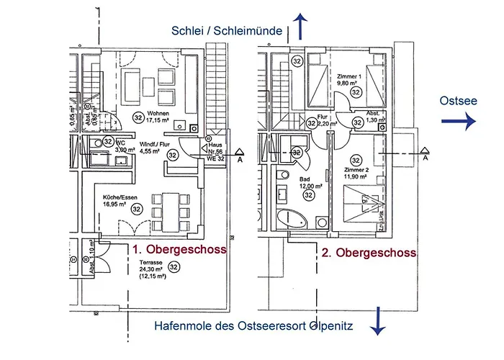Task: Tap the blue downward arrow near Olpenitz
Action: pyautogui.click(x=376, y=320)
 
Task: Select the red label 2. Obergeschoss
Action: pyautogui.click(x=369, y=253)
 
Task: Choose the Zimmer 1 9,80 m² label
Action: pyautogui.click(x=349, y=79)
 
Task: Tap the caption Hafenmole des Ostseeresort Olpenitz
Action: pyautogui.click(x=253, y=326)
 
